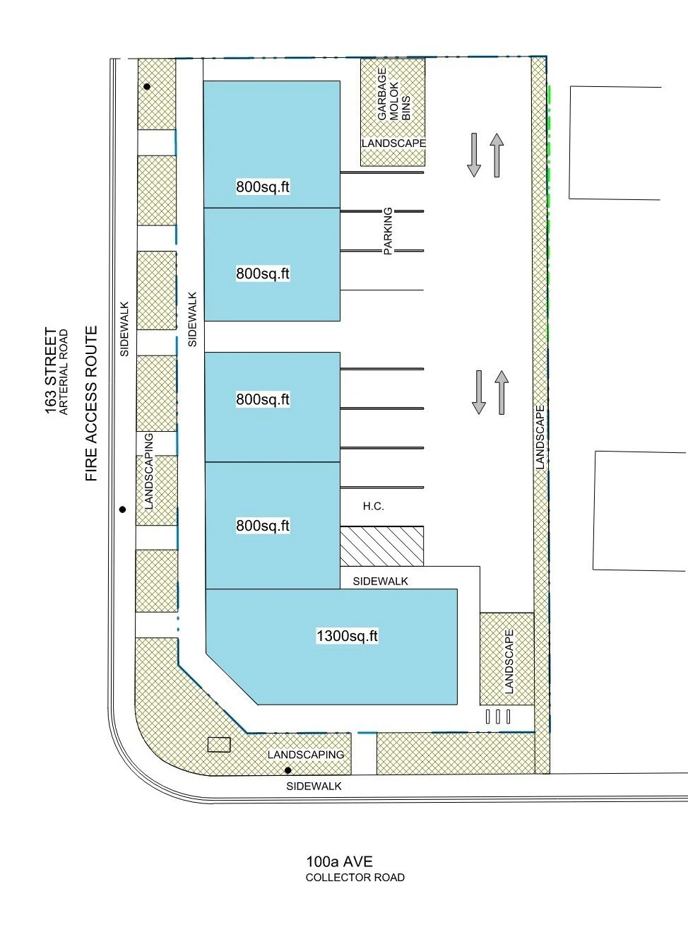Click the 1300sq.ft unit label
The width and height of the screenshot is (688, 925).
pos(347,636)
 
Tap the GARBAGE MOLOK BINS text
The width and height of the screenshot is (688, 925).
pos(393,94)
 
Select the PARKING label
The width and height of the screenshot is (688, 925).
pos(388,231)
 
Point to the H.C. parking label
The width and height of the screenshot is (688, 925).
pos(373,506)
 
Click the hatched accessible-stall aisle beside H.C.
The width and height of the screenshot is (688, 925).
pos(381,546)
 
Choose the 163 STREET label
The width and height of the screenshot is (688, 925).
pos(51,371)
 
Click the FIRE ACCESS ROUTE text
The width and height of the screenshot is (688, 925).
pos(91,403)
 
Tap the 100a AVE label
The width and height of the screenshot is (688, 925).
pos(339,861)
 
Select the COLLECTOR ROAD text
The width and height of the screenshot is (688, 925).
pos(355,878)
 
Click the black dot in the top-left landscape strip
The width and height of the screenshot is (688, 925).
pos(147,87)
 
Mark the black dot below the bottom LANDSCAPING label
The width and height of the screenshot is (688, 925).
pos(287,770)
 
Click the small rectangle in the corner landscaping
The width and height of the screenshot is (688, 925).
pos(219,745)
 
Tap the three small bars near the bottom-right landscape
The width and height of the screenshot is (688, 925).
pos(498,717)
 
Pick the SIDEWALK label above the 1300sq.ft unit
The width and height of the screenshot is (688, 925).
pos(380,581)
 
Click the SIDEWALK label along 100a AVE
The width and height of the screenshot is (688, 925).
pos(314,786)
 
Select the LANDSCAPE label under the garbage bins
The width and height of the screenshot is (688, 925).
pos(393,143)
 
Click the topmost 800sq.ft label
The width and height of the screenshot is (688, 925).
pos(263,187)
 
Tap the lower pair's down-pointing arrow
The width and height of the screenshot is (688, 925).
pos(479,392)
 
